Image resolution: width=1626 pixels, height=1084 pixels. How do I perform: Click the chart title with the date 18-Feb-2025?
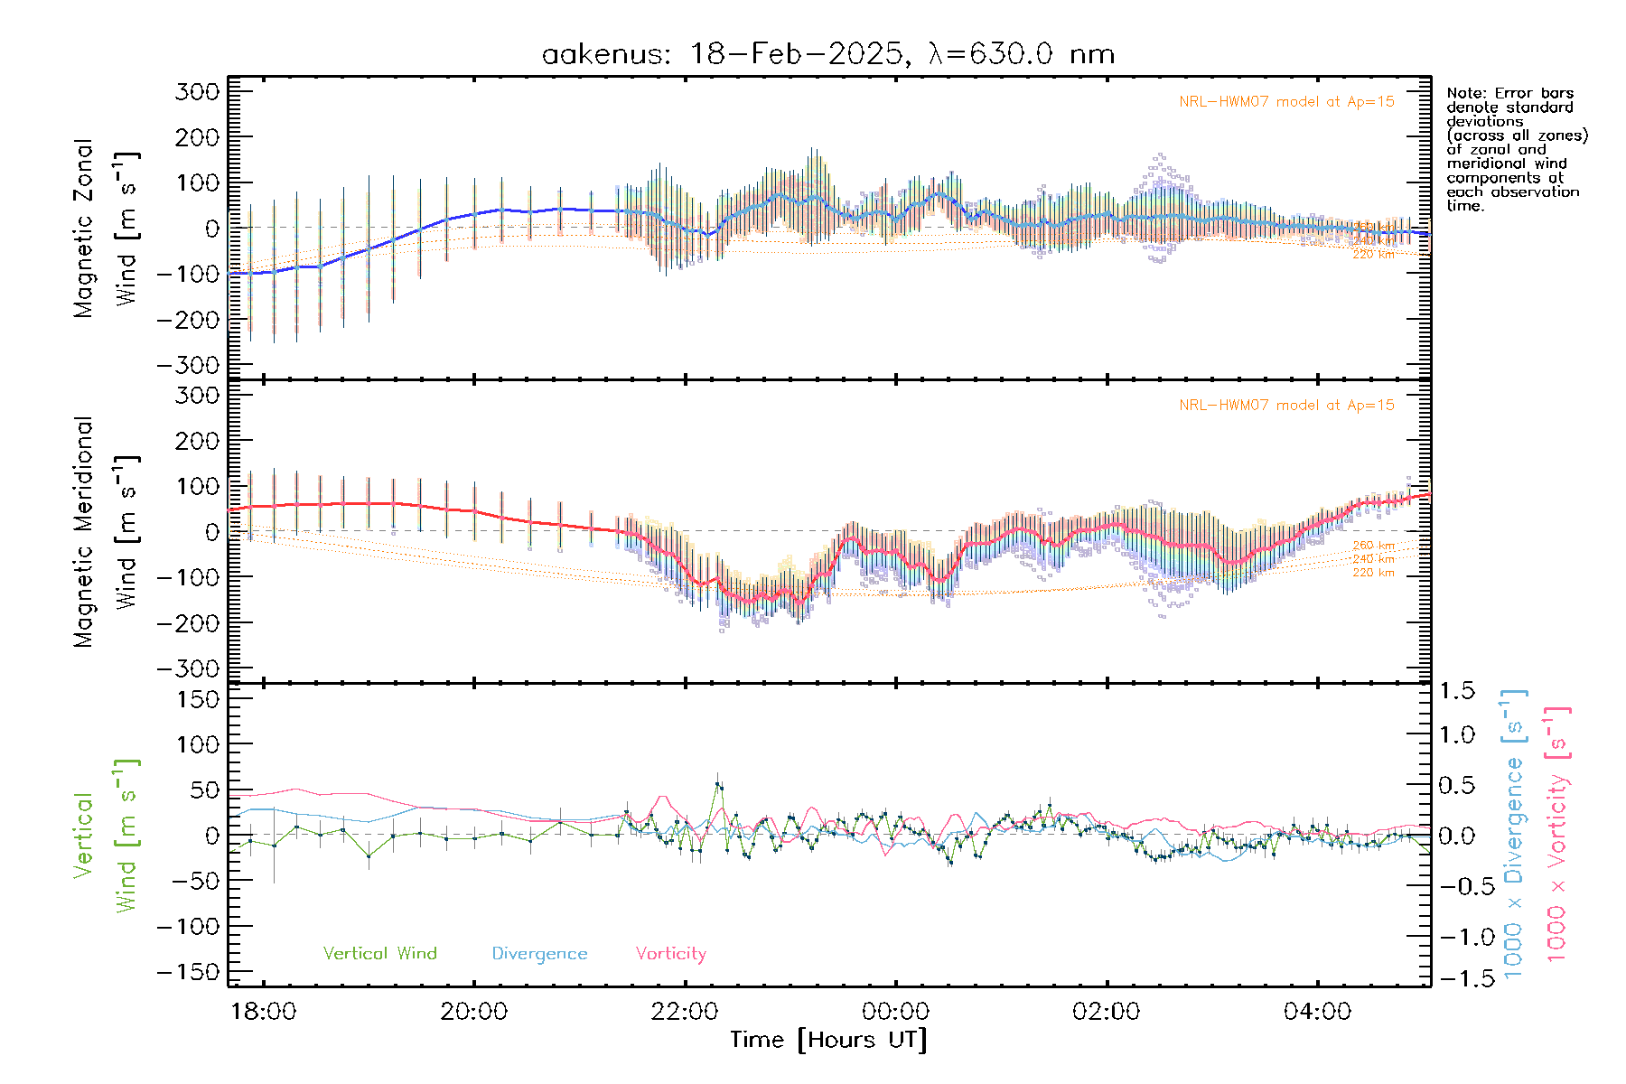coord(827,54)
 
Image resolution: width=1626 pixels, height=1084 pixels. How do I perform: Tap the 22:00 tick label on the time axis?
coord(685,1012)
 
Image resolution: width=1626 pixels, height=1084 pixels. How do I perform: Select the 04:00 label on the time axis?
coord(1317,1012)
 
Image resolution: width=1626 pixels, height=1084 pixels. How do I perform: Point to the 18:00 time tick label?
coord(263,1012)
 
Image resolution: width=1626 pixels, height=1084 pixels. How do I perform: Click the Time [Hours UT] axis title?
coord(828,1041)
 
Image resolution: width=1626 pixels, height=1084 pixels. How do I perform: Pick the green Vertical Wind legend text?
coord(379,954)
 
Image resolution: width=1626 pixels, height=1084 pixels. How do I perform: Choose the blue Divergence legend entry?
coord(539,954)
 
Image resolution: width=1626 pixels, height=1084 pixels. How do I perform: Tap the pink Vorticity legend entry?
coord(670,954)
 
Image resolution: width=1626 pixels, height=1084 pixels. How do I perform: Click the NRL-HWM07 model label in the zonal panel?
coord(1286,102)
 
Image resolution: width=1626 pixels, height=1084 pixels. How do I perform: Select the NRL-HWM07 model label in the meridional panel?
coord(1286,406)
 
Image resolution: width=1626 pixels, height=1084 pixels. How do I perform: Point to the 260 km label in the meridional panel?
coord(1373,546)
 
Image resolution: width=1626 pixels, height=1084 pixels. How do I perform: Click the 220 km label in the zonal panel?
coord(1373,255)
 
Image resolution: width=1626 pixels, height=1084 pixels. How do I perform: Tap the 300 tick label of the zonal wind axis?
coord(198,92)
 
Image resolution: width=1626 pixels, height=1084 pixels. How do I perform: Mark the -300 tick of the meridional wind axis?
coord(189,668)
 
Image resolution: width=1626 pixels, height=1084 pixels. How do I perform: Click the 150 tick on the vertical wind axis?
coord(198,699)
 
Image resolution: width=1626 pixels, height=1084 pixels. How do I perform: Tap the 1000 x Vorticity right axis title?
coord(1557,835)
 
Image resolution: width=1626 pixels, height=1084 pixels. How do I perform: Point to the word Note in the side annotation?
coord(1464,93)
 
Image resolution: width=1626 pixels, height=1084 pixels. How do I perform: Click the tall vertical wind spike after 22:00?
coord(718,786)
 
